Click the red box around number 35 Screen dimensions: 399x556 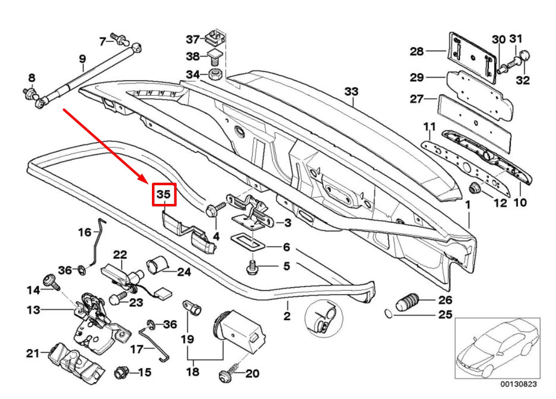163,195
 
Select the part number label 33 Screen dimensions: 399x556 351,92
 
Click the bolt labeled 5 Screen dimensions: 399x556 252,268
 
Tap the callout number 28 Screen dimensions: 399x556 417,51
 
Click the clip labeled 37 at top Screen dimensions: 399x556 216,36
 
